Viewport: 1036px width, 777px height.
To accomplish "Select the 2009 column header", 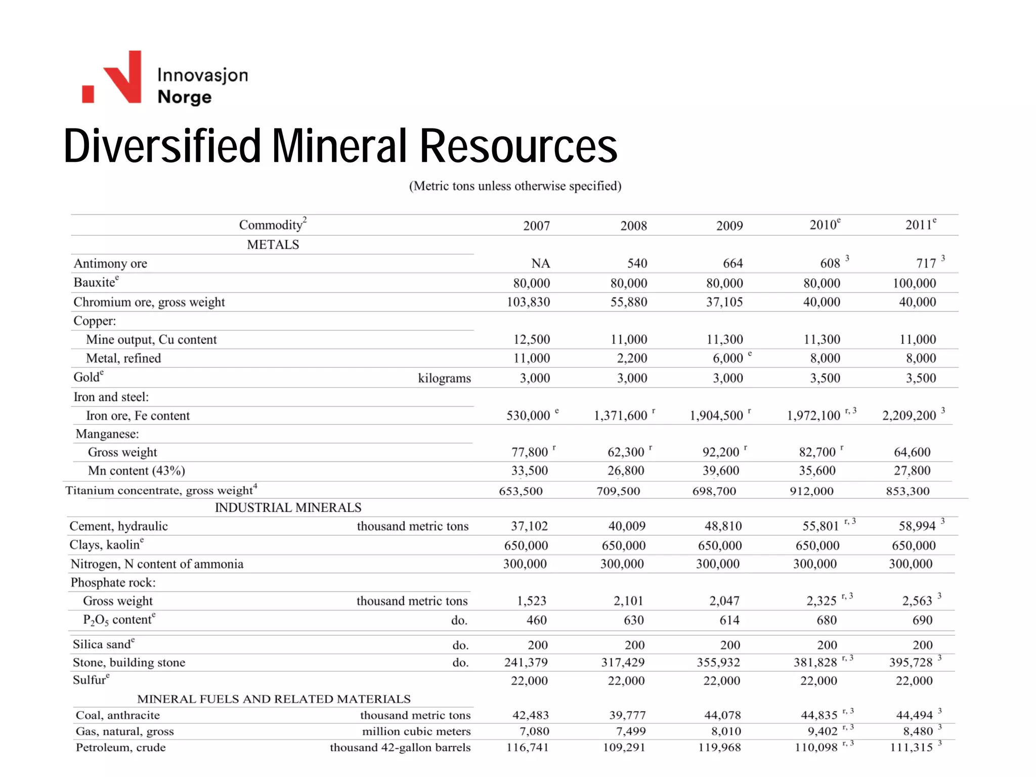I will [x=729, y=226].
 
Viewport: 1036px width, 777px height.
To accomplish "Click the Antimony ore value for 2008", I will [x=637, y=264].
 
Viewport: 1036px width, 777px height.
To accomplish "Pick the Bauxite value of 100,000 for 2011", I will [x=914, y=283].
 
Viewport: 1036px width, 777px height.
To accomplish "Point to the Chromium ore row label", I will [x=149, y=302].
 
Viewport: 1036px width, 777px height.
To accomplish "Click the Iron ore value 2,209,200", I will [x=909, y=416].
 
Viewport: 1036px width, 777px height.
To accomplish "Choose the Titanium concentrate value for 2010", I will [x=811, y=491].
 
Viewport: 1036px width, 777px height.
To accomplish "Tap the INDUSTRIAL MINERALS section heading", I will [x=288, y=507].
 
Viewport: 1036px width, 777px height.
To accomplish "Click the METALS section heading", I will [x=273, y=245].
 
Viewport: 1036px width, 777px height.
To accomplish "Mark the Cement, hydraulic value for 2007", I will [x=529, y=526].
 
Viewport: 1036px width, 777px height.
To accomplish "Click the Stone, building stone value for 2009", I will [x=718, y=663].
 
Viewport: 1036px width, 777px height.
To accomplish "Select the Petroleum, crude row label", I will [x=120, y=748].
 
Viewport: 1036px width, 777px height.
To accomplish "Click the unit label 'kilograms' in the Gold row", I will [x=444, y=378].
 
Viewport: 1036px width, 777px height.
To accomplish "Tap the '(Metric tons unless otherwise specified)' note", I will [x=515, y=186].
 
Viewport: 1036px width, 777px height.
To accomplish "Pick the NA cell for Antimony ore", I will [x=540, y=264].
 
